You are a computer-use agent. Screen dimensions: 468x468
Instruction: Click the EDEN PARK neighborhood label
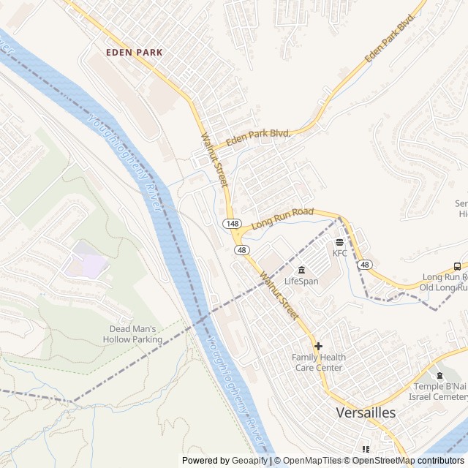click(134, 53)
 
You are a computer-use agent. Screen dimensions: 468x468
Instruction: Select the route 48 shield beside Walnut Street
click(241, 249)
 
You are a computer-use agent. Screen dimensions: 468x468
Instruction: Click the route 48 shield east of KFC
click(366, 264)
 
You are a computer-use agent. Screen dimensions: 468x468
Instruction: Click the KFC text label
click(340, 253)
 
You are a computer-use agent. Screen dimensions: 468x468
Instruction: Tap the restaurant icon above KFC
click(339, 242)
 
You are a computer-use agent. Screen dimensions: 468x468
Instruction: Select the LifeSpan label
click(301, 281)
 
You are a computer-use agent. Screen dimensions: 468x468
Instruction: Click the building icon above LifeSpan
click(301, 270)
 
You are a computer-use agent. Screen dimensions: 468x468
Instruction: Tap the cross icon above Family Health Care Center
click(317, 346)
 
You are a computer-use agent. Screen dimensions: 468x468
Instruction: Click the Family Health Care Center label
click(318, 362)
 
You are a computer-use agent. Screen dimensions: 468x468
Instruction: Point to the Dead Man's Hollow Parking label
click(132, 334)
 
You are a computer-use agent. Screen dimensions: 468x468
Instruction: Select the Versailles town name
click(366, 412)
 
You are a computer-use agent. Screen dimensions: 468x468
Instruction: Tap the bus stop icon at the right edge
click(456, 266)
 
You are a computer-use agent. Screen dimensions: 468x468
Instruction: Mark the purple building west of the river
click(86, 261)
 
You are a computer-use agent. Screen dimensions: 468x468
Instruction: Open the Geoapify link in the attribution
click(250, 461)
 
